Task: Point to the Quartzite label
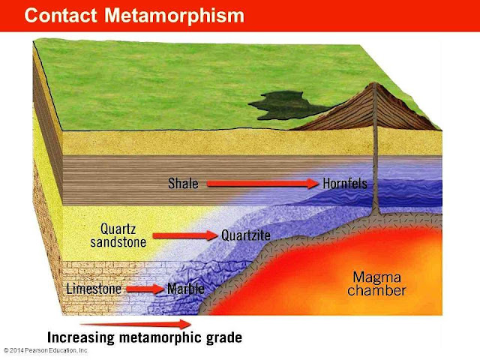[246, 235]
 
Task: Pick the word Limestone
[94, 289]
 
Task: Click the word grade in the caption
[223, 337]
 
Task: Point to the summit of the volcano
[373, 85]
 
